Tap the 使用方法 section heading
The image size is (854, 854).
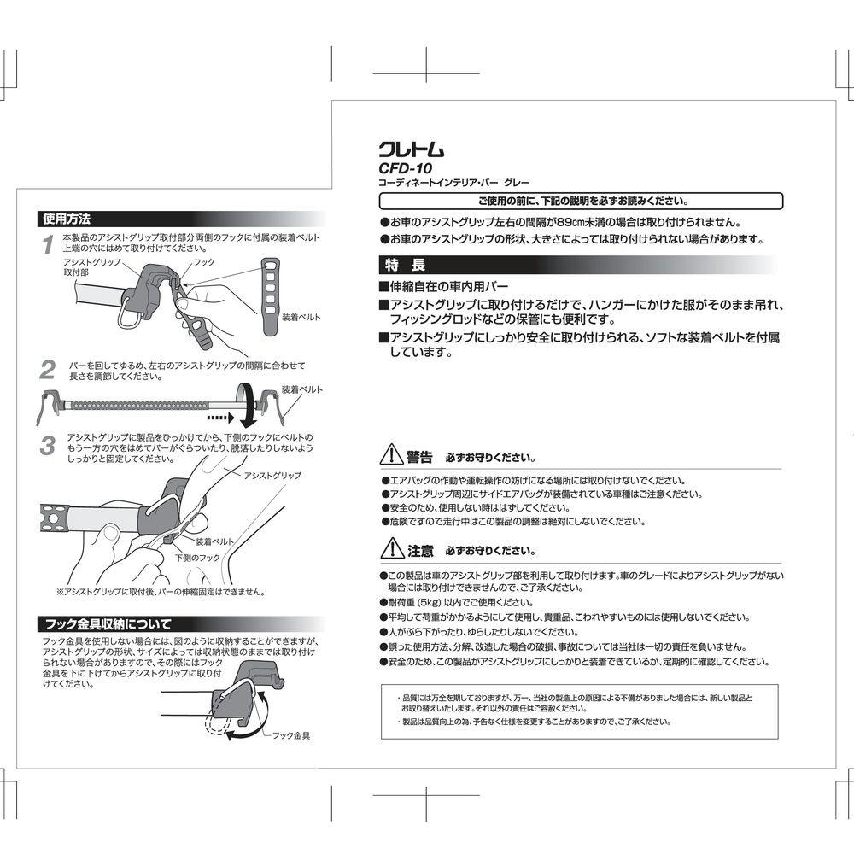coord(67,218)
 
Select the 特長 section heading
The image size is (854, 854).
coord(399,264)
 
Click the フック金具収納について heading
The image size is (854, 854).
coord(108,623)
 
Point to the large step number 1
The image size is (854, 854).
coord(50,246)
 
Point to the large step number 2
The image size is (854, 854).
coord(49,370)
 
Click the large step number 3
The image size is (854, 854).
coord(49,445)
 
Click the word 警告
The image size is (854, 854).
coord(419,456)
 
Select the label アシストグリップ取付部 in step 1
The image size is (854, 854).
coord(91,267)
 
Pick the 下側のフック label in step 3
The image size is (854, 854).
coord(198,557)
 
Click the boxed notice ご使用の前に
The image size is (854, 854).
coord(581,202)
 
